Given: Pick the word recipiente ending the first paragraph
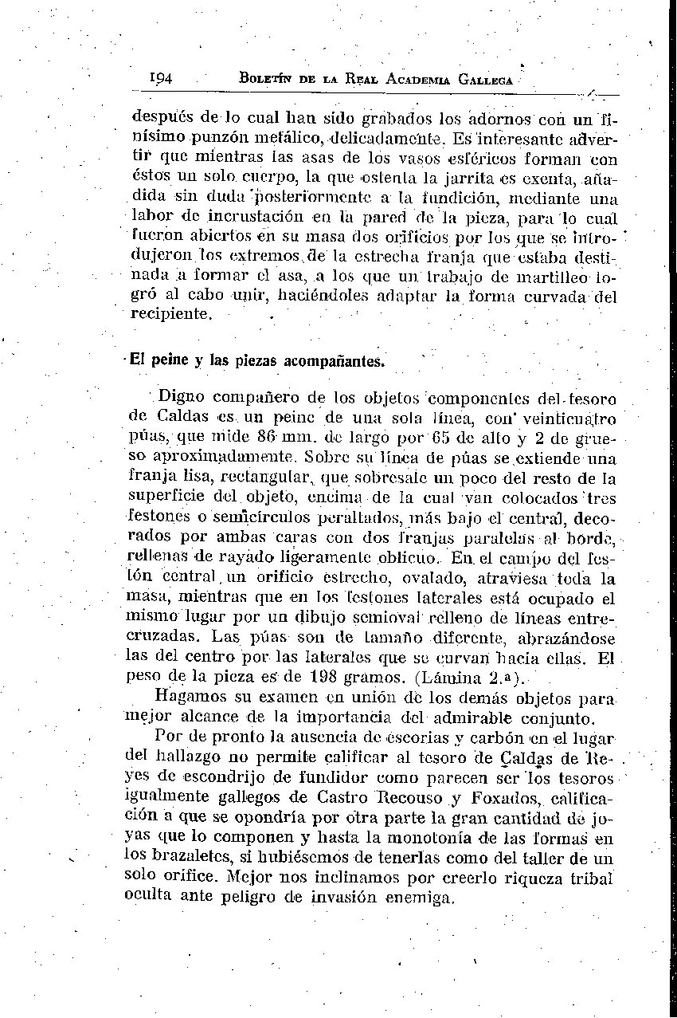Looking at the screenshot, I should [171, 314].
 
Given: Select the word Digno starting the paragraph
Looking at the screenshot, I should [182, 396].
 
